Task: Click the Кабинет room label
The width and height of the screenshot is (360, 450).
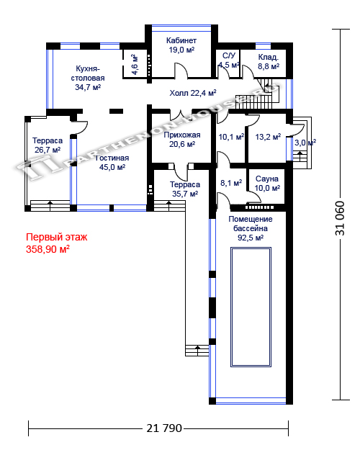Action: pyautogui.click(x=181, y=40)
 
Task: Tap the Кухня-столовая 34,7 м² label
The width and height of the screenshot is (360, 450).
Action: pyautogui.click(x=88, y=78)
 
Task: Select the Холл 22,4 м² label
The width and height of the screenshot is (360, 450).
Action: pyautogui.click(x=193, y=93)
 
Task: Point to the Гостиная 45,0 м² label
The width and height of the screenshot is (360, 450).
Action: pyautogui.click(x=112, y=163)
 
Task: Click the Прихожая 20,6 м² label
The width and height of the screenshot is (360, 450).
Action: pyautogui.click(x=182, y=140)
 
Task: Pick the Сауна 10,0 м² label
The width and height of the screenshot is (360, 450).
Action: pyautogui.click(x=267, y=184)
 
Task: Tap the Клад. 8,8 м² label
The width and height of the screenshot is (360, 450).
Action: pyautogui.click(x=269, y=62)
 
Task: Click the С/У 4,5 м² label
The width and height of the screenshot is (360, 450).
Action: pyautogui.click(x=229, y=60)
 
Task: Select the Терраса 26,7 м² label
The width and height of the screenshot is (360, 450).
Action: pyautogui.click(x=48, y=145)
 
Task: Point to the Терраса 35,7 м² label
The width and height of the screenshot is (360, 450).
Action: pyautogui.click(x=185, y=189)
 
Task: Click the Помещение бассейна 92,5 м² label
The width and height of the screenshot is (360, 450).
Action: pyautogui.click(x=251, y=228)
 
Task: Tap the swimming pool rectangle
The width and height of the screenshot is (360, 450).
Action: pyautogui.click(x=251, y=307)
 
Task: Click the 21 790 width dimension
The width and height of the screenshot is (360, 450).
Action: pyautogui.click(x=164, y=428)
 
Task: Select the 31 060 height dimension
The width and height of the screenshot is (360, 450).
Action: pyautogui.click(x=340, y=218)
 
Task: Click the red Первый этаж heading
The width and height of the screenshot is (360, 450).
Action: pyautogui.click(x=57, y=237)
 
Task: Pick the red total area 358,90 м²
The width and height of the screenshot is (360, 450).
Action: pyautogui.click(x=48, y=249)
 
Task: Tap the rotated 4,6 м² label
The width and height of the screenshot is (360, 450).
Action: pyautogui.click(x=135, y=65)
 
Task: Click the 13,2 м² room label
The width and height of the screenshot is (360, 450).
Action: pyautogui.click(x=268, y=137)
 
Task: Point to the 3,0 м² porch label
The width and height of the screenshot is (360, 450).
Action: pyautogui.click(x=305, y=143)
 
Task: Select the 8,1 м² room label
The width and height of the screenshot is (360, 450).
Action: pyautogui.click(x=231, y=183)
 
